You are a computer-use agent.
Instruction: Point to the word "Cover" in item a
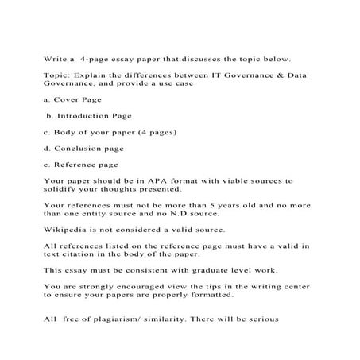69,101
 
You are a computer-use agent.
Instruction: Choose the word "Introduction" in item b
89,115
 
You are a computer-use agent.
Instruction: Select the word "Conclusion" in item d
83,148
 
